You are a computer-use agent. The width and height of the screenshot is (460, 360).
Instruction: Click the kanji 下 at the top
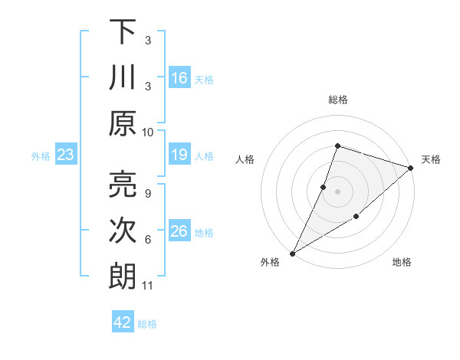coord(123,31)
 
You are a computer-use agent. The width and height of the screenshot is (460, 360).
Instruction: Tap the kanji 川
coord(123,77)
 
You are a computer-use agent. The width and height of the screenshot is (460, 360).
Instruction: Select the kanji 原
coord(123,123)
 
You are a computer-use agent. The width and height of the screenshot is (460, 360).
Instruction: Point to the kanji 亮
coord(123,185)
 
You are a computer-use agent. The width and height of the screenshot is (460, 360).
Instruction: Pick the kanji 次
coord(123,231)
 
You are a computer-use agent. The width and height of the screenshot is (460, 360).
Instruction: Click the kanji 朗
coord(123,277)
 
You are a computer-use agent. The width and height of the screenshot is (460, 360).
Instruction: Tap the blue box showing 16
coord(179,78)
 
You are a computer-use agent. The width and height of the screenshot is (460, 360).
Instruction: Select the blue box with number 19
coord(179,155)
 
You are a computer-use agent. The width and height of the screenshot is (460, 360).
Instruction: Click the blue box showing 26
coord(179,232)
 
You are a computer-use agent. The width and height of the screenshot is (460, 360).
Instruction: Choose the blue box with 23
coord(66,155)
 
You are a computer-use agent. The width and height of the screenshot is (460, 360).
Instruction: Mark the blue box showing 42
coord(123,322)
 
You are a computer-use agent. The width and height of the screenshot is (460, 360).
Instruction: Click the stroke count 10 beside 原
coord(148,132)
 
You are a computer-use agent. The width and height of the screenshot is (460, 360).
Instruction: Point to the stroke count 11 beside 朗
coord(148,286)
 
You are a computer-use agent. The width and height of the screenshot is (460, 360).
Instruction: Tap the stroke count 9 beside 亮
coord(147,193)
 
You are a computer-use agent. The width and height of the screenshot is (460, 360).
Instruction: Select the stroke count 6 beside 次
coord(147,240)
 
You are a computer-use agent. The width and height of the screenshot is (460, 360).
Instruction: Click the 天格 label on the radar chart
coord(431,159)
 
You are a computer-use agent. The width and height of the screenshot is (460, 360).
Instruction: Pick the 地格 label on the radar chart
coord(402,263)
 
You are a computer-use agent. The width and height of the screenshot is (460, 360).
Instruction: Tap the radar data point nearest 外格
coord(292,253)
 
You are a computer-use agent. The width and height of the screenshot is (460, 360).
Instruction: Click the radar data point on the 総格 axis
coord(337,146)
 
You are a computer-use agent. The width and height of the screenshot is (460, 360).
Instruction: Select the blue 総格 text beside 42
coord(147,324)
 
